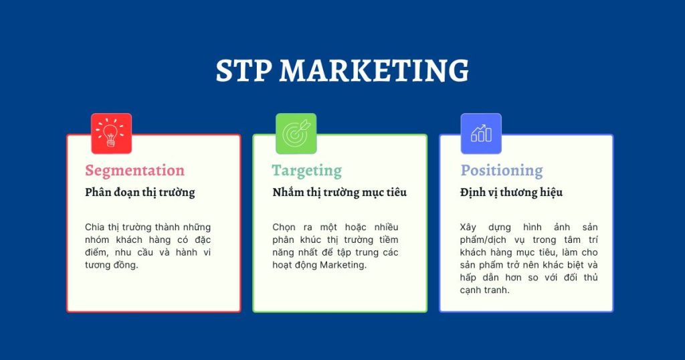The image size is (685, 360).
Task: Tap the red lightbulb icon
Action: pyautogui.click(x=111, y=133)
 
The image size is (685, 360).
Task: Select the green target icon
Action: pyautogui.click(x=296, y=133)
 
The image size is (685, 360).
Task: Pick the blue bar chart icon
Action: pyautogui.click(x=481, y=133)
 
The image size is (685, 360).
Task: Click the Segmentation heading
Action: pyautogui.click(x=134, y=171)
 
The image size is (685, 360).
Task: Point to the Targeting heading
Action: pyautogui.click(x=306, y=171)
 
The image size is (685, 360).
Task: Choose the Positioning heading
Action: pyautogui.click(x=501, y=171)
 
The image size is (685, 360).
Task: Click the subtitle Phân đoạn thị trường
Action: pyautogui.click(x=140, y=193)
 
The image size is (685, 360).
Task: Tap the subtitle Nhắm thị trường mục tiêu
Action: pyautogui.click(x=339, y=193)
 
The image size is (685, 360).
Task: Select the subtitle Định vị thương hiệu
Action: pyautogui.click(x=511, y=193)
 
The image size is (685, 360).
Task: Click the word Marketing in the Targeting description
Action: pyautogui.click(x=343, y=265)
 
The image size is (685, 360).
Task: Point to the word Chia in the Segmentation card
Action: pyautogui.click(x=95, y=228)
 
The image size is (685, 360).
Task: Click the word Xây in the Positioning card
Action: pyautogui.click(x=470, y=228)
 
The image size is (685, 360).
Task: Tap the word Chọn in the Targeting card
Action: pyautogui.click(x=284, y=228)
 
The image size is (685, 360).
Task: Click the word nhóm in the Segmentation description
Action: pyautogui.click(x=98, y=240)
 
